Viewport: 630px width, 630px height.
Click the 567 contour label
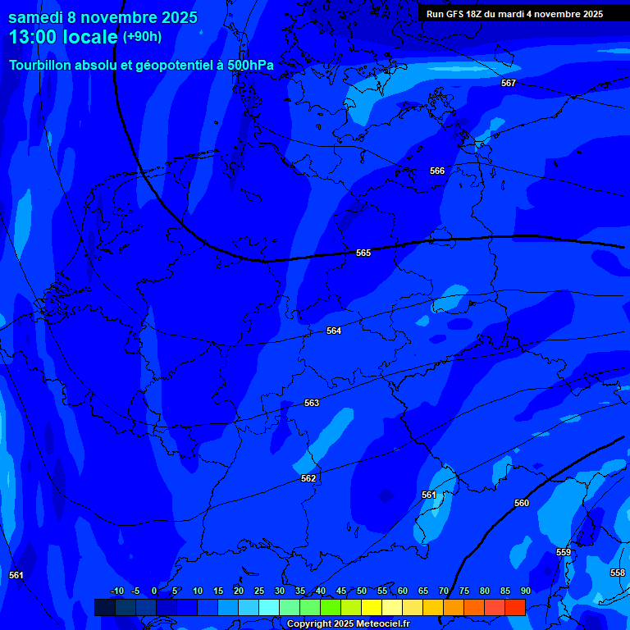point(509,83)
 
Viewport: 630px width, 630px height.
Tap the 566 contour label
point(437,171)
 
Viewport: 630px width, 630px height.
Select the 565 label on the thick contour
point(363,253)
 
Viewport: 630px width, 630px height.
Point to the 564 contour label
point(334,331)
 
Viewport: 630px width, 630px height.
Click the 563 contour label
point(312,403)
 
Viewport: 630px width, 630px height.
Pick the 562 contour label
point(308,478)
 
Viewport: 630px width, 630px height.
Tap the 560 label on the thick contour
point(522,503)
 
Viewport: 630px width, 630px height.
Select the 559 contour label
point(564,552)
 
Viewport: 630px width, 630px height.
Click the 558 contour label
point(618,573)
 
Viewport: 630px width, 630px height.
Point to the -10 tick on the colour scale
point(116,591)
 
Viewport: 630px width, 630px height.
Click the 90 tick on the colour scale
point(525,591)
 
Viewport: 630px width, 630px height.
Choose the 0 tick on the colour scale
point(154,591)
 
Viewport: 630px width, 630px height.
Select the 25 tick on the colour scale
point(259,591)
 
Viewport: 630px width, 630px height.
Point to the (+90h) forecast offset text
point(142,37)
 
